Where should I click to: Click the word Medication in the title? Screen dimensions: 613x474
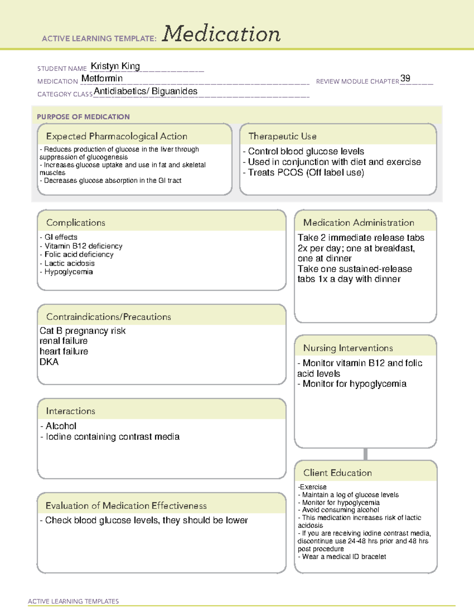(x=221, y=34)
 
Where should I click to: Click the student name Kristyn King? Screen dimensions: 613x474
(x=115, y=66)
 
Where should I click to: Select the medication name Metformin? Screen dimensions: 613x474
(x=102, y=79)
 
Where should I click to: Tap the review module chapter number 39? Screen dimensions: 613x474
(x=405, y=78)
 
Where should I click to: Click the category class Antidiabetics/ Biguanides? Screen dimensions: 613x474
(x=146, y=91)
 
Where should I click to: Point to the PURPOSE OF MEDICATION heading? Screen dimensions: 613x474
(x=83, y=117)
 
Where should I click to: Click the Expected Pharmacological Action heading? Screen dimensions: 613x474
(x=117, y=136)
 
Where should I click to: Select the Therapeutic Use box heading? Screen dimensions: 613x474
(x=282, y=136)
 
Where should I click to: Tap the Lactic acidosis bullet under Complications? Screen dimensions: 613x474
(x=69, y=263)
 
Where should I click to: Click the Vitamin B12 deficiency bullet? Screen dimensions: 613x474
(x=83, y=246)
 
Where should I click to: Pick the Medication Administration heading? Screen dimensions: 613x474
(x=359, y=223)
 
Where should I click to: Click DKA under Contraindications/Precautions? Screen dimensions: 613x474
(x=49, y=362)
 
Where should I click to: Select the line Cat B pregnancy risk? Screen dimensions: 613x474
(x=83, y=331)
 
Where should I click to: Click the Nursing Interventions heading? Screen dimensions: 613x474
(x=348, y=348)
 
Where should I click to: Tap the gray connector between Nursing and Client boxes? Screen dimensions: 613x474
(x=365, y=454)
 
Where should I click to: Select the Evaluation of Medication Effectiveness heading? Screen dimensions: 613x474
(x=126, y=506)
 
